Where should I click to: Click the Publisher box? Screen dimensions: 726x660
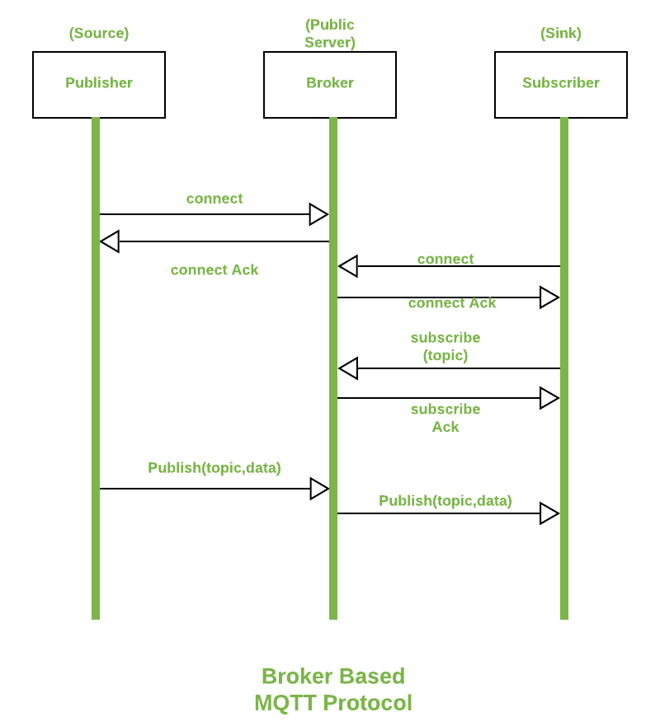tap(99, 84)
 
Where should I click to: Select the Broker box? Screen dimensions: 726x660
tap(330, 84)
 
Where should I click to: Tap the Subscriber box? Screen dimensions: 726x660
tap(561, 84)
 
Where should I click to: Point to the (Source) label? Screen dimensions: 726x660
tap(99, 34)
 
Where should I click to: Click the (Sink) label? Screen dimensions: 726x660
tap(561, 34)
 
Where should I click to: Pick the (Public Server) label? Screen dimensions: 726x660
tap(330, 34)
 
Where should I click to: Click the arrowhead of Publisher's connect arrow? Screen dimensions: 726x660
tap(318, 214)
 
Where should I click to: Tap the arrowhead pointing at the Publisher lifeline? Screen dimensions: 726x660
tap(110, 241)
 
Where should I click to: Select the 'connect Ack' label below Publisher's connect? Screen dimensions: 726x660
tap(214, 270)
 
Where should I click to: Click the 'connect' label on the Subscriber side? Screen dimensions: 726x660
tap(445, 260)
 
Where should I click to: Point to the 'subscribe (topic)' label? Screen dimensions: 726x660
tap(445, 347)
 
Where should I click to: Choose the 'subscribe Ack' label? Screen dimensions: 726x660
tap(445, 419)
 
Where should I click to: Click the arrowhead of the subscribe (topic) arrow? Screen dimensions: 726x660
tap(348, 368)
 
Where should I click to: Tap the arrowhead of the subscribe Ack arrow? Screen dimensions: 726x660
tap(549, 398)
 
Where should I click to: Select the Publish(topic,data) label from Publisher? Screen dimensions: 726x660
tap(214, 468)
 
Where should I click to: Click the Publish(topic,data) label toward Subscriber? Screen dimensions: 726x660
tap(445, 501)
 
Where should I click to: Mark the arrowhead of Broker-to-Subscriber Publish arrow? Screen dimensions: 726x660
tap(549, 513)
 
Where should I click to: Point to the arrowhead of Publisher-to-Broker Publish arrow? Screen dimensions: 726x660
tap(319, 489)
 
